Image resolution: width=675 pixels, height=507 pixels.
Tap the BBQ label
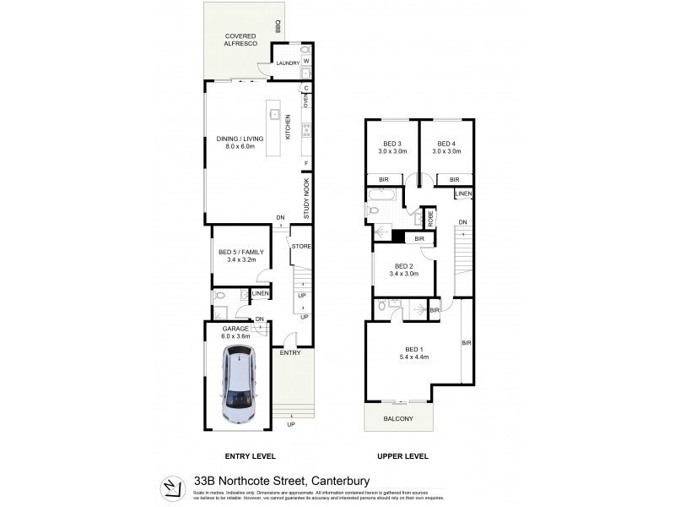click(277, 26)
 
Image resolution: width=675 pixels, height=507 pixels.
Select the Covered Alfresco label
click(240, 41)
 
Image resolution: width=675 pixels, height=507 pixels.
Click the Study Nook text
click(307, 199)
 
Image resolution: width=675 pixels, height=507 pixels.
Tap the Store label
click(300, 248)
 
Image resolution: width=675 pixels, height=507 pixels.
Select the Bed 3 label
click(393, 146)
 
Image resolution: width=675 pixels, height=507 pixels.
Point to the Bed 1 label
click(413, 352)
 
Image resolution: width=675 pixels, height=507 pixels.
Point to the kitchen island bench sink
click(274, 112)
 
